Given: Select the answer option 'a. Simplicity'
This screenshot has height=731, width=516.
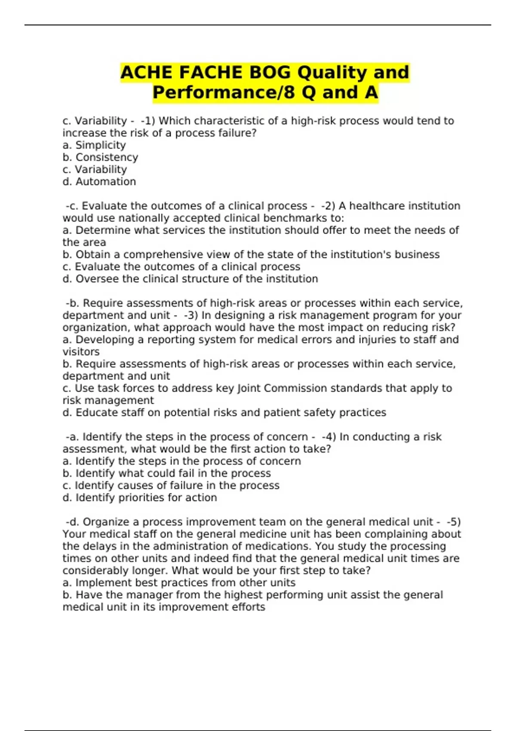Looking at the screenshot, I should tap(94, 145).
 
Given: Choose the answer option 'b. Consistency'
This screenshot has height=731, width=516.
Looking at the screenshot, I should tap(100, 157).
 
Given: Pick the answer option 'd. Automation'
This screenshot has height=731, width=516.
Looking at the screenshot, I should tap(99, 182).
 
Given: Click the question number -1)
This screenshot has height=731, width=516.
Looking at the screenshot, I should tap(148, 121).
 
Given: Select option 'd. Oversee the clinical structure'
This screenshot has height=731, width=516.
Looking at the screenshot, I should tap(190, 279).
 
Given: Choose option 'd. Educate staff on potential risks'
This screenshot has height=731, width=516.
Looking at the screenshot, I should tap(224, 413).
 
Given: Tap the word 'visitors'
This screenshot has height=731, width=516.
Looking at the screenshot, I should tap(81, 352).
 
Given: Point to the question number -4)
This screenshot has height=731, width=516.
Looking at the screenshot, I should tap(329, 437).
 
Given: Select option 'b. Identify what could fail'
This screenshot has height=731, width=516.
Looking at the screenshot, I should tap(166, 473).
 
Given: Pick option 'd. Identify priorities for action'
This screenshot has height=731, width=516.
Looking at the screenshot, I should tap(140, 498).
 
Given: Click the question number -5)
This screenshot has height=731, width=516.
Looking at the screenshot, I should tap(453, 522).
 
